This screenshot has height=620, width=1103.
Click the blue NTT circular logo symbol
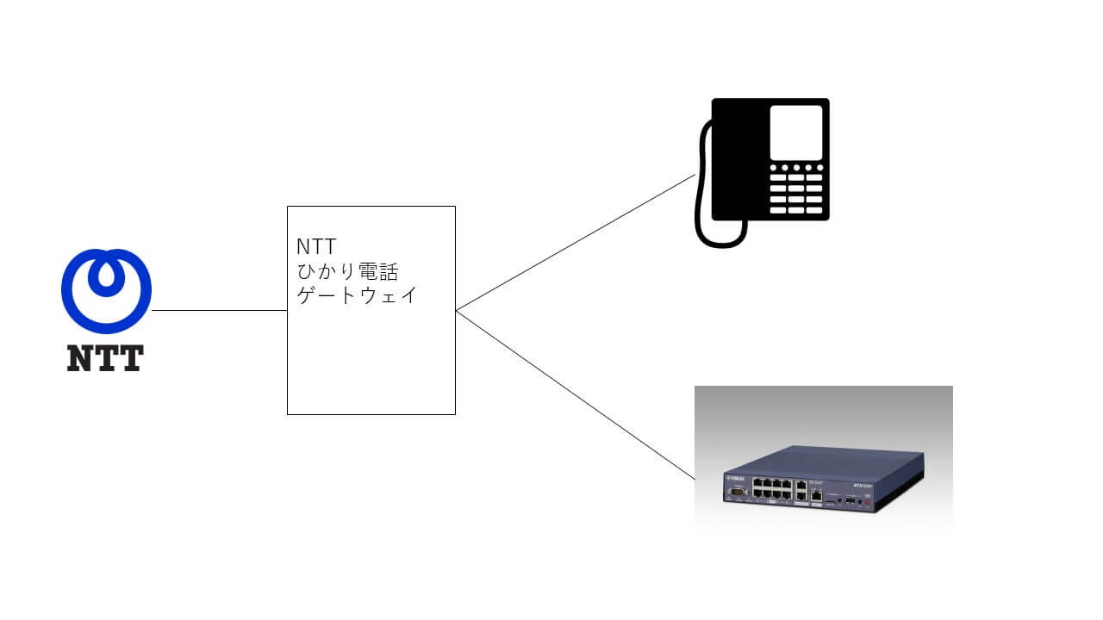click(x=106, y=291)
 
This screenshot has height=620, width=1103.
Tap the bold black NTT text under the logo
click(x=105, y=358)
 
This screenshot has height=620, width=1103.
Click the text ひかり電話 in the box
click(x=347, y=273)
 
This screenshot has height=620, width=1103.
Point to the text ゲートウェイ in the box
click(x=357, y=296)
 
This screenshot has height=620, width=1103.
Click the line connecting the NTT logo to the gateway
click(x=219, y=311)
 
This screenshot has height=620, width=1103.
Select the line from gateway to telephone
click(x=575, y=243)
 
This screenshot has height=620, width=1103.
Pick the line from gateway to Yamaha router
click(x=575, y=394)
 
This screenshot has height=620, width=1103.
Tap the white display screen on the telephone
click(x=795, y=131)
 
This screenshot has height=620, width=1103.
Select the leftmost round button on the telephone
click(x=773, y=167)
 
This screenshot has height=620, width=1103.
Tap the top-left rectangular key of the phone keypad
click(x=777, y=178)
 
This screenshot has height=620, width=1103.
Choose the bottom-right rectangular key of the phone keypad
click(x=814, y=209)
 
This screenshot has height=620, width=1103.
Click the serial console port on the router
click(x=736, y=491)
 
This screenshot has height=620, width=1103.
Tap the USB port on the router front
click(x=850, y=499)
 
